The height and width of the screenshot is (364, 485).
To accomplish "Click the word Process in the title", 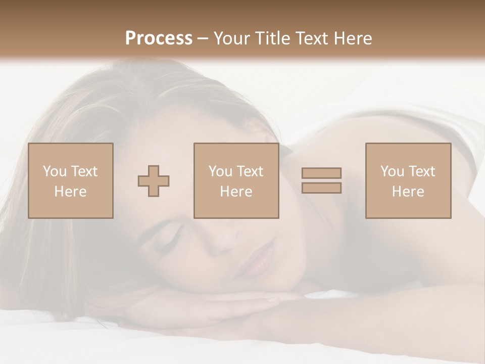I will pos(159,38).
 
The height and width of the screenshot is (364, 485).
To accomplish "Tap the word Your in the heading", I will pos(231,38).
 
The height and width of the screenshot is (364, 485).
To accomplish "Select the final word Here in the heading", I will pos(352,38).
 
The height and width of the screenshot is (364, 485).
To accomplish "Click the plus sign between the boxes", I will pos(154,180).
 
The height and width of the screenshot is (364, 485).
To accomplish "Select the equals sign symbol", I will pos(321,180).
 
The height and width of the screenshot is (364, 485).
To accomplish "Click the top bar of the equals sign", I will pos(321,173).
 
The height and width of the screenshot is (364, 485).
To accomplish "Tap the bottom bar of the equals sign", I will pos(321,188).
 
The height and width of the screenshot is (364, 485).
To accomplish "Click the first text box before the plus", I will pos(70,180).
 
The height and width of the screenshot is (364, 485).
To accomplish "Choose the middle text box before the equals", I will pos(236,180).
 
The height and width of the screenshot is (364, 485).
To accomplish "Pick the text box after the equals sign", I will pos(408,180).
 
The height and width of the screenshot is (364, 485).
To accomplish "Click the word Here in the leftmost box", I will pos(70,192).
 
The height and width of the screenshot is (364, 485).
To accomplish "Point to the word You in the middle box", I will pos(220,171).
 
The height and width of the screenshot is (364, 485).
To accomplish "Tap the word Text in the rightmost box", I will pos(422,171).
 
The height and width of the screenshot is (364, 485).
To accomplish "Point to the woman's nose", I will pos(222,243).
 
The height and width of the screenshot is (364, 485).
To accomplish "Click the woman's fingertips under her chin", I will pos(268,301).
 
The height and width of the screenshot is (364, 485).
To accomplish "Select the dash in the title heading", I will pos(203,38).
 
